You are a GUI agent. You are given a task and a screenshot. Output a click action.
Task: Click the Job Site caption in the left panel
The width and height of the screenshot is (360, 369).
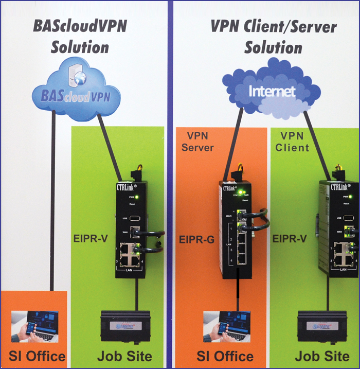(x=124, y=356)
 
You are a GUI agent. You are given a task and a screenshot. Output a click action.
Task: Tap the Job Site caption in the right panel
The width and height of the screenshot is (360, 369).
(x=322, y=356)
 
